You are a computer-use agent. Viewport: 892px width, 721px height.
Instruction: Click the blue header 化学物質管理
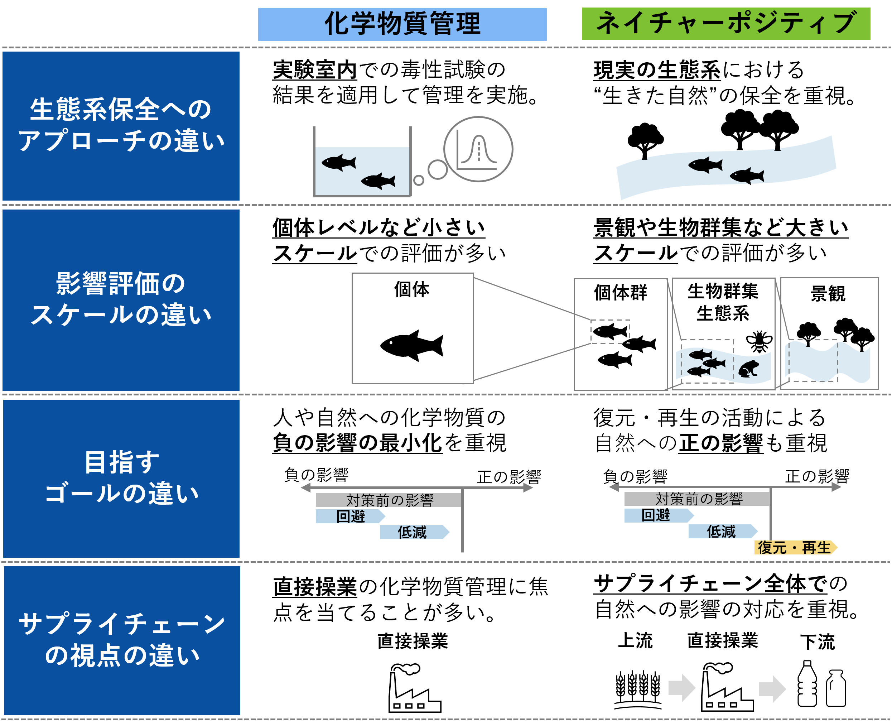tap(402, 24)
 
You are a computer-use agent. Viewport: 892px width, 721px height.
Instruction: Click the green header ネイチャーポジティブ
tap(726, 24)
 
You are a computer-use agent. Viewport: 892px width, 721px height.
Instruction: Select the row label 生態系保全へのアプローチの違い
tap(121, 125)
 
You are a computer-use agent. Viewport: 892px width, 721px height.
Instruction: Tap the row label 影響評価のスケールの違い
tap(121, 299)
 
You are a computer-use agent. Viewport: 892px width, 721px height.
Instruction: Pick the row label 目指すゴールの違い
tap(121, 478)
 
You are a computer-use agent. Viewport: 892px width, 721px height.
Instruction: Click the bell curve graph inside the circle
tap(478, 149)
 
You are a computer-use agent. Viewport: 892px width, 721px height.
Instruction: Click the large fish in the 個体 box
tap(411, 346)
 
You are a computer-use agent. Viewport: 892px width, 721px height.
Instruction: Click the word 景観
tap(828, 294)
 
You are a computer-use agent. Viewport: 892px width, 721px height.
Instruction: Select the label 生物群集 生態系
tap(723, 302)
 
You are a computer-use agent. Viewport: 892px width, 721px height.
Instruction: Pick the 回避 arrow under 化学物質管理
tap(350, 516)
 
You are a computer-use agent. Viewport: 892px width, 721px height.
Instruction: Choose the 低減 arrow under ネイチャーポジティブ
tap(722, 531)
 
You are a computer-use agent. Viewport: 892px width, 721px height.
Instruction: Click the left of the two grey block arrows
tap(681, 688)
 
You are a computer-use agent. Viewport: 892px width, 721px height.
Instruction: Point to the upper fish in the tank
tap(339, 162)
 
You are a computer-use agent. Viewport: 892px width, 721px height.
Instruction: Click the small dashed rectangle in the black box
tap(610, 331)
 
